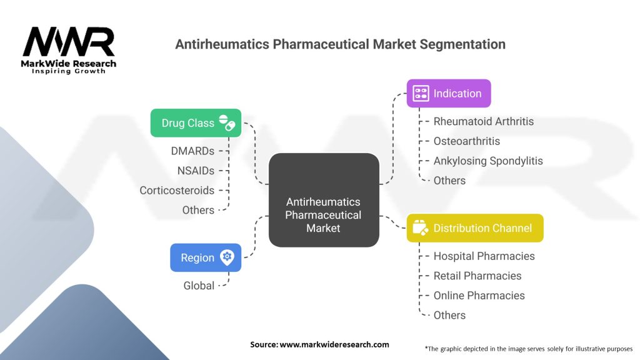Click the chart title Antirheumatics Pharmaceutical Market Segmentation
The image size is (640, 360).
340,44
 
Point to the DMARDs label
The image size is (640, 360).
192,151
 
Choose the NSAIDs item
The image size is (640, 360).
196,171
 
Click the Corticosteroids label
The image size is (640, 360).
177,191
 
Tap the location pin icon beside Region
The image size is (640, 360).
227,257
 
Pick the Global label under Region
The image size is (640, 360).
199,286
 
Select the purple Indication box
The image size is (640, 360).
449,94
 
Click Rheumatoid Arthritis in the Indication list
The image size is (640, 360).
484,121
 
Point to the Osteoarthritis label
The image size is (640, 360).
467,141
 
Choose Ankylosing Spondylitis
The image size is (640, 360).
488,161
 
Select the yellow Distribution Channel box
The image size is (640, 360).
475,228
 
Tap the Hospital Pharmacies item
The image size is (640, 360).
484,256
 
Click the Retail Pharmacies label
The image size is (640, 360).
477,276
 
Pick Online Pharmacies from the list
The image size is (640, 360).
479,296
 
